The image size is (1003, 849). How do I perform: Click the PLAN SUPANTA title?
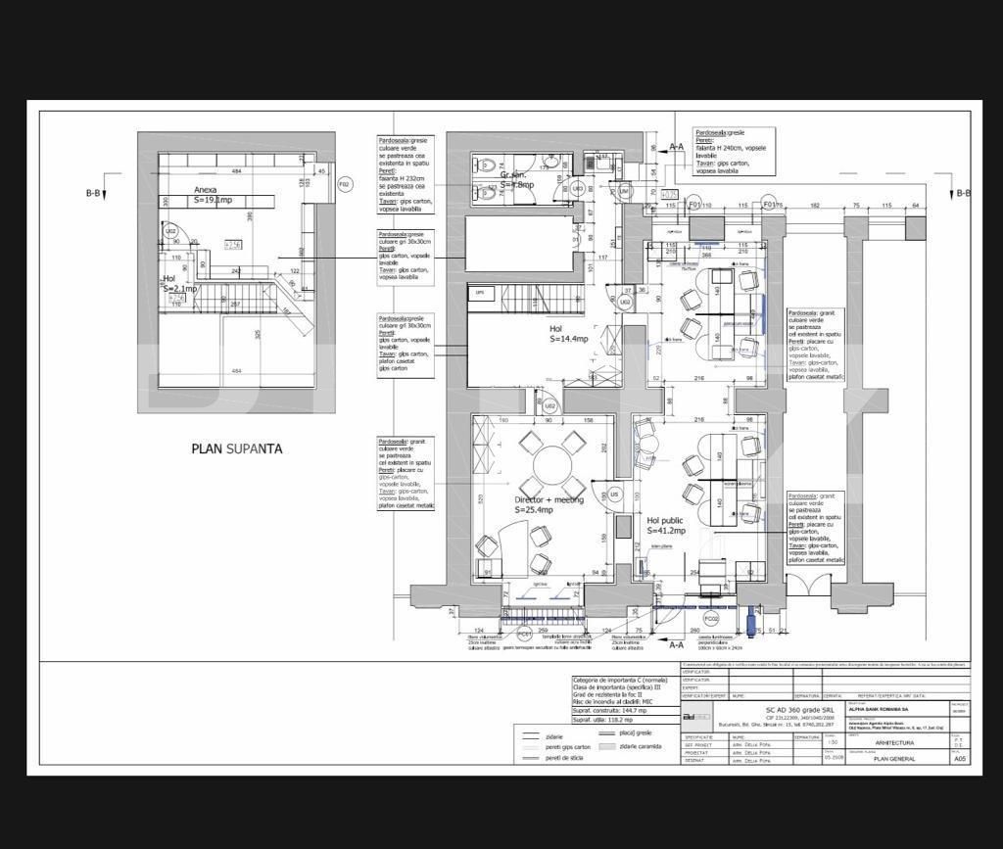tap(236, 448)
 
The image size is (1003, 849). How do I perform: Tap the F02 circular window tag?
tap(345, 184)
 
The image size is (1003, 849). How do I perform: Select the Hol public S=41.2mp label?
tap(665, 526)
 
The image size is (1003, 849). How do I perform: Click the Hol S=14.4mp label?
tap(568, 334)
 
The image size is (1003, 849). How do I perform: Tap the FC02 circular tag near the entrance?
tap(711, 619)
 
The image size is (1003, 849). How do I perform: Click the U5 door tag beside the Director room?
tap(614, 495)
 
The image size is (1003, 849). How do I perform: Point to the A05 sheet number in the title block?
tap(960, 758)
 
